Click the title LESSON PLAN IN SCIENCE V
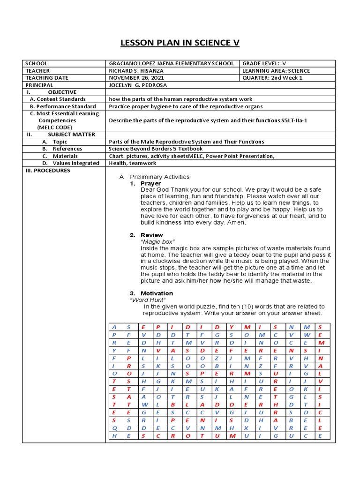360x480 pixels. point(180,43)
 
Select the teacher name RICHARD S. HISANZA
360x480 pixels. point(136,71)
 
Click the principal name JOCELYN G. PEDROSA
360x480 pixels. point(138,85)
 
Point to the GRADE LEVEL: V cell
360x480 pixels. point(264,63)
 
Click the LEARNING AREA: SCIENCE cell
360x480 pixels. point(276,71)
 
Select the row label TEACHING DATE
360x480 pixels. point(47,78)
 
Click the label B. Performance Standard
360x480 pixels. point(62,106)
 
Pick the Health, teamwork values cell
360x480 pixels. point(133,163)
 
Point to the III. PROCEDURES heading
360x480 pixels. point(48,171)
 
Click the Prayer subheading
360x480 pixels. point(151,183)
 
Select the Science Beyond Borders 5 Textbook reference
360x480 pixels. point(156,149)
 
